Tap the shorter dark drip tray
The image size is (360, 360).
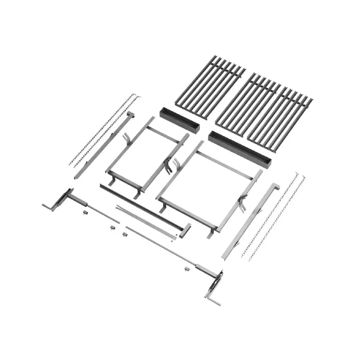[x=179, y=120]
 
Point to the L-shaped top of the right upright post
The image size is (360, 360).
[x=275, y=187]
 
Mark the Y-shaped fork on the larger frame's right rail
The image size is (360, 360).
[x=243, y=202]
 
